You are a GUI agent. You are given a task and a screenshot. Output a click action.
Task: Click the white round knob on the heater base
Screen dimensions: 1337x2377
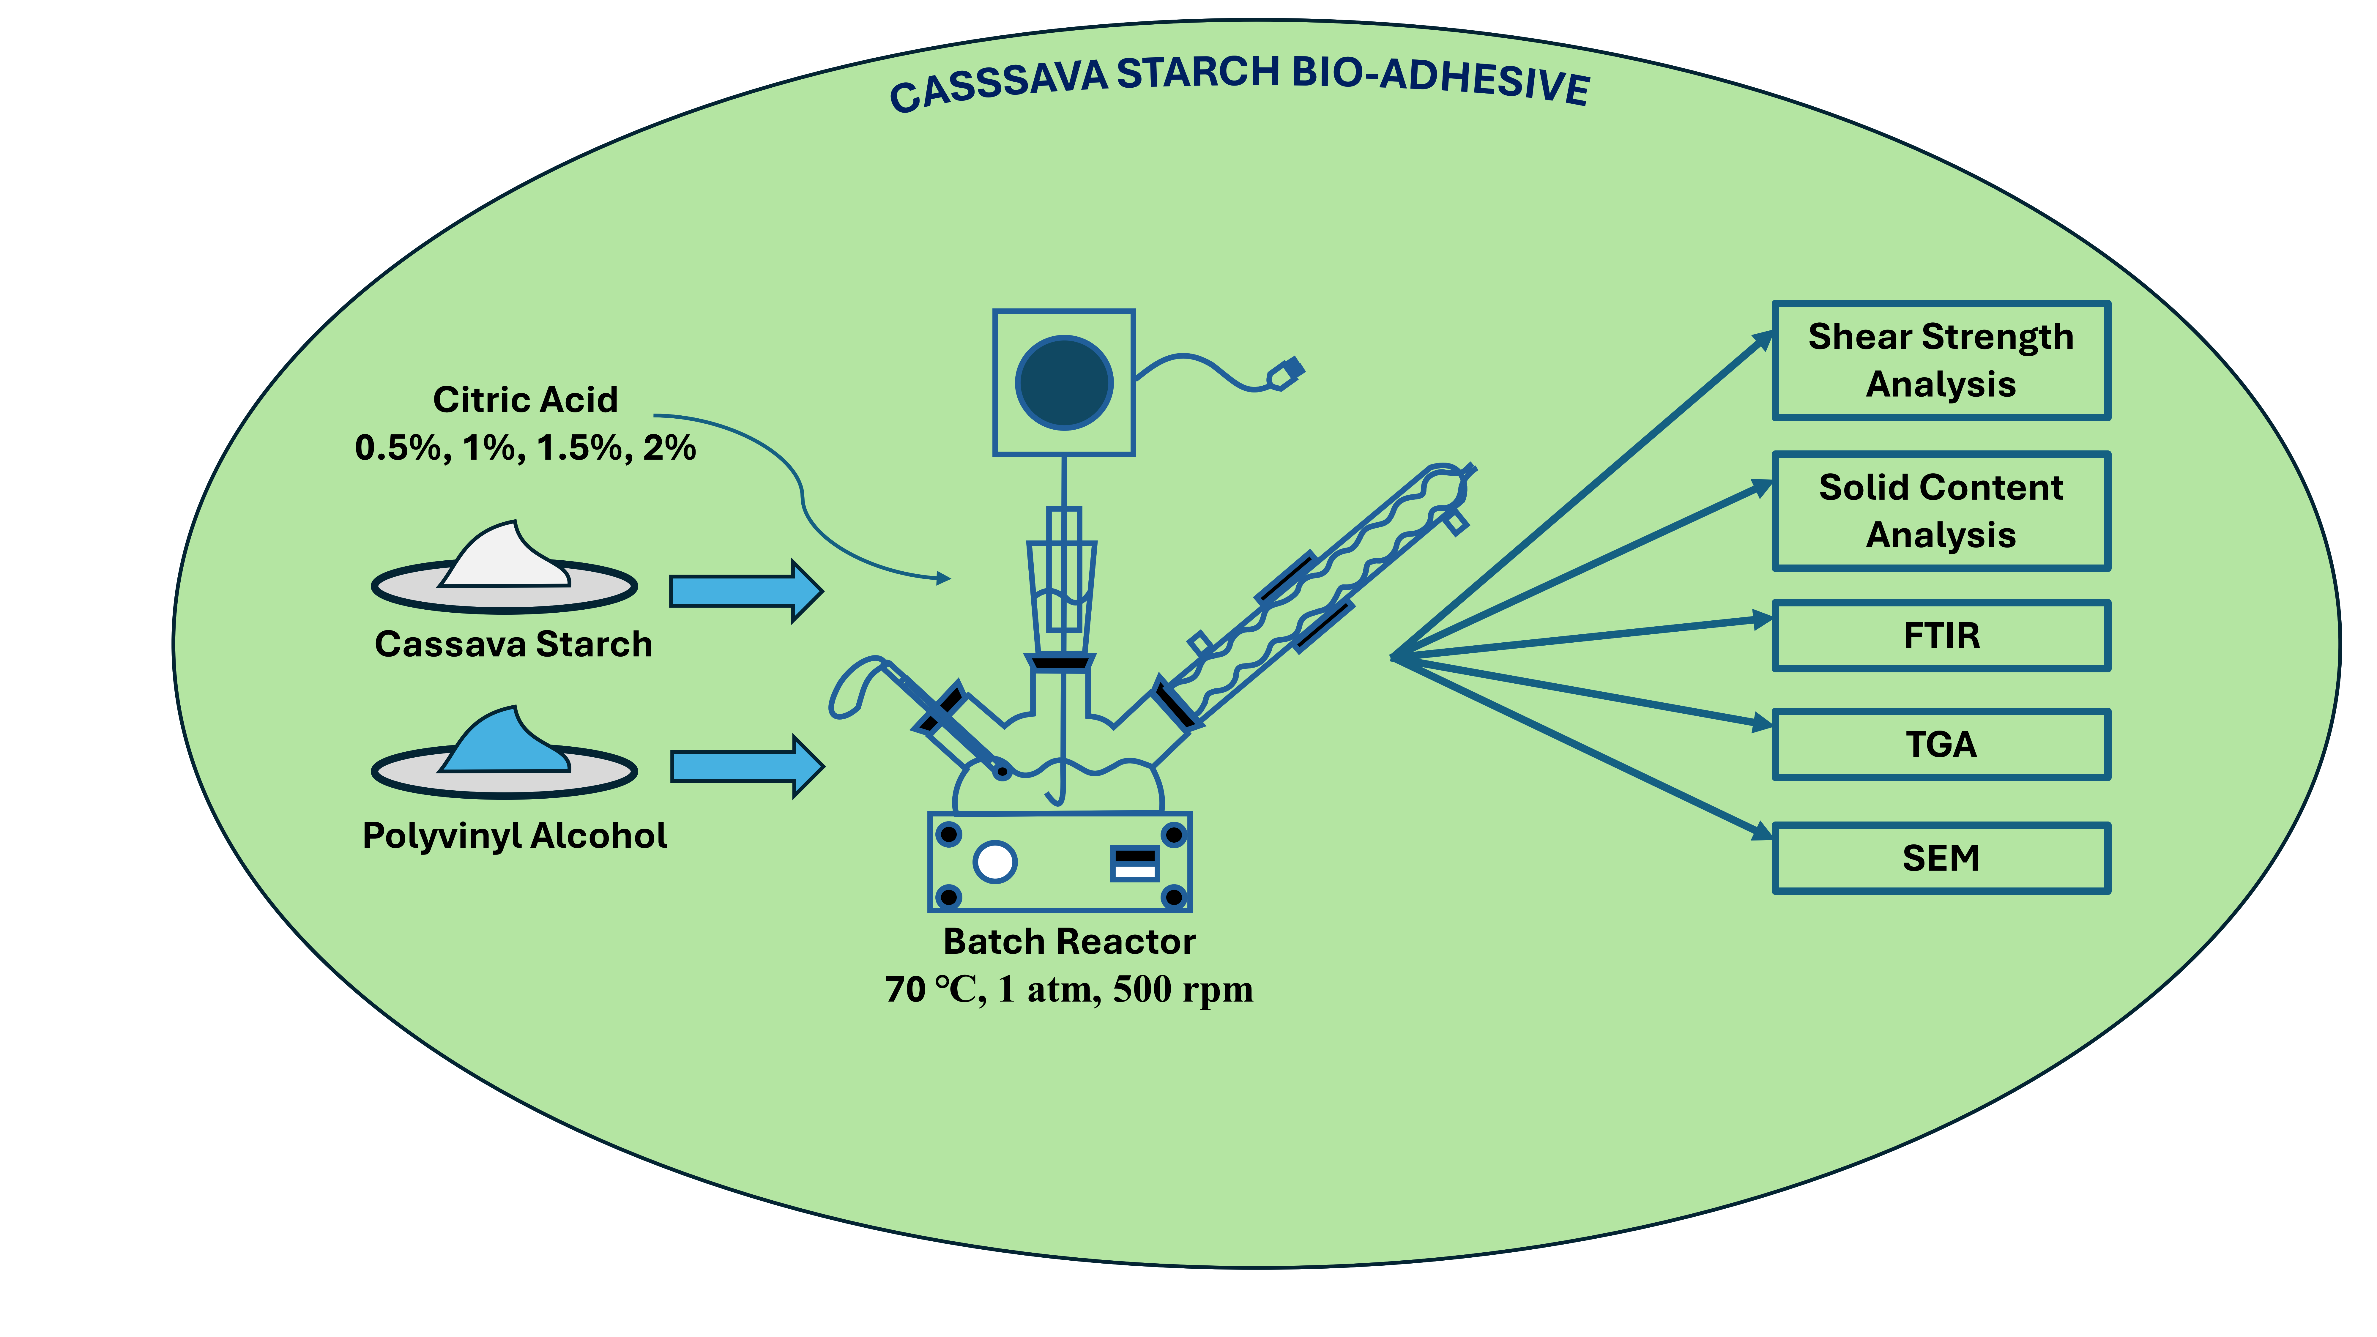click(995, 862)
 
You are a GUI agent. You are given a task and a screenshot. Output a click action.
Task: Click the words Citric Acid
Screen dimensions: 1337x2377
click(525, 400)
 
